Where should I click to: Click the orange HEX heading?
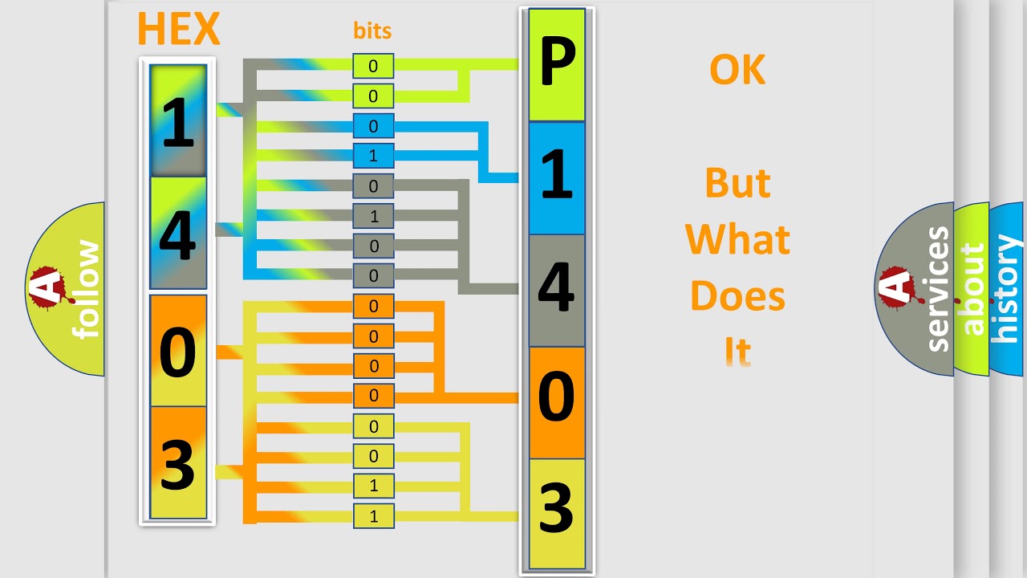click(x=179, y=28)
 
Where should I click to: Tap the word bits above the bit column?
click(x=372, y=31)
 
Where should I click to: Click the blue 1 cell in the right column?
click(x=557, y=178)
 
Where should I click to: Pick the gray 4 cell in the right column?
click(x=557, y=291)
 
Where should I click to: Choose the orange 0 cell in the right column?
click(x=557, y=402)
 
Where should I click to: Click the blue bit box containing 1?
click(x=373, y=156)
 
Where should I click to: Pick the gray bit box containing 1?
click(x=373, y=216)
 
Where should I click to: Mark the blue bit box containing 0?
click(x=373, y=126)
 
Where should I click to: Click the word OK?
click(x=737, y=70)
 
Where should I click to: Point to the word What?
click(x=737, y=239)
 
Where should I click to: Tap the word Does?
click(x=737, y=296)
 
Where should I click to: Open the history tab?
click(x=1007, y=289)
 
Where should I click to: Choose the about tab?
click(x=972, y=289)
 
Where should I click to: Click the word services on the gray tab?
click(x=938, y=289)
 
